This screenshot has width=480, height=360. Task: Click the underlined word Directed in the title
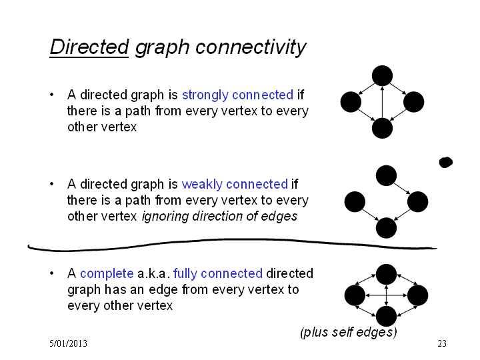89,47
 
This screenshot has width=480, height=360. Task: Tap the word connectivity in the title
251,48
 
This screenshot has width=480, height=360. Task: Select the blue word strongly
205,95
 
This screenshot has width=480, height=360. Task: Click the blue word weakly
202,184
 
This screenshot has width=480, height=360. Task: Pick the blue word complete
107,274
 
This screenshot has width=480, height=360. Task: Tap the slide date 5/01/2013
68,343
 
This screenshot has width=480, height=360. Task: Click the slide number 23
442,343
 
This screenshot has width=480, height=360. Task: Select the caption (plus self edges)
349,332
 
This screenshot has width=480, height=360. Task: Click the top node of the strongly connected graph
382,75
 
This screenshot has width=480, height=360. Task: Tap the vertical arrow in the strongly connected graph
382,102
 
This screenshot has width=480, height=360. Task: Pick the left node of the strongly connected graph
351,102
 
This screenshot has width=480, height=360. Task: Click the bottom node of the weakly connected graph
386,228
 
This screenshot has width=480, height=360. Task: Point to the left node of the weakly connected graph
355,202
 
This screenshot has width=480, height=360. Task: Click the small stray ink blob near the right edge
446,162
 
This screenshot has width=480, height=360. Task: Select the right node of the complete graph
417,295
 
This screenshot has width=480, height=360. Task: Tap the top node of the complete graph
386,274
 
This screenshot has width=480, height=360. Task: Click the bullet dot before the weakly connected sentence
52,184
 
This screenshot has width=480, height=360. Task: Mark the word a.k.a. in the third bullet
154,274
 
